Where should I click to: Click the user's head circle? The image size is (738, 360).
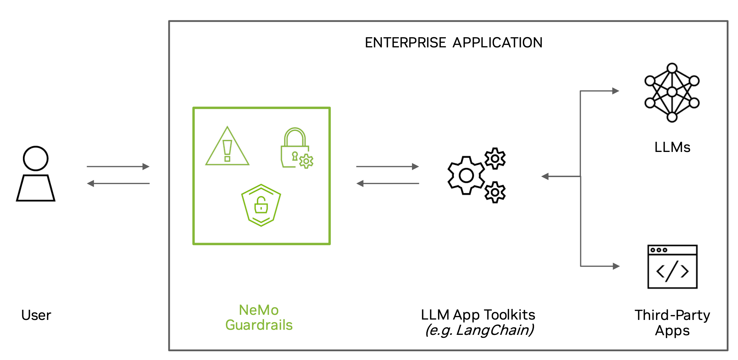(36, 159)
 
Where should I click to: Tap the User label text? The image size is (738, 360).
(36, 315)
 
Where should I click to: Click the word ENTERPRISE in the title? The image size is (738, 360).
(405, 43)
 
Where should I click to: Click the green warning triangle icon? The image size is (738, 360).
(227, 148)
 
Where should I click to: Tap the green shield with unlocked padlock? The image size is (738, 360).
(261, 205)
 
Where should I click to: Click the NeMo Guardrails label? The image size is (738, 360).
(259, 317)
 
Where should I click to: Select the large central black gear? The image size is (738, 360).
(466, 176)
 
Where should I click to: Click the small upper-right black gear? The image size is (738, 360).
(495, 159)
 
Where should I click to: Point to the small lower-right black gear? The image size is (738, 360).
(495, 192)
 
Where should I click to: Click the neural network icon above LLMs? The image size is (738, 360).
(672, 93)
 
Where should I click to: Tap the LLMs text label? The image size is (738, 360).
(672, 147)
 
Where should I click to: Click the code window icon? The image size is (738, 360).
(672, 267)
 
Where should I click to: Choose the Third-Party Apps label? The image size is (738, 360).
(672, 322)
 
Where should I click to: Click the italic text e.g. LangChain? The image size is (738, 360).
(479, 330)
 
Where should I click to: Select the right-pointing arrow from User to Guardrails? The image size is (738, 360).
(118, 167)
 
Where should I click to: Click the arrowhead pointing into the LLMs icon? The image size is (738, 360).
(616, 91)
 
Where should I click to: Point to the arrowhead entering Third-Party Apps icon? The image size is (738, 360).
(616, 266)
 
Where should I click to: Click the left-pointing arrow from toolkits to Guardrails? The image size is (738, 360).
(388, 184)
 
